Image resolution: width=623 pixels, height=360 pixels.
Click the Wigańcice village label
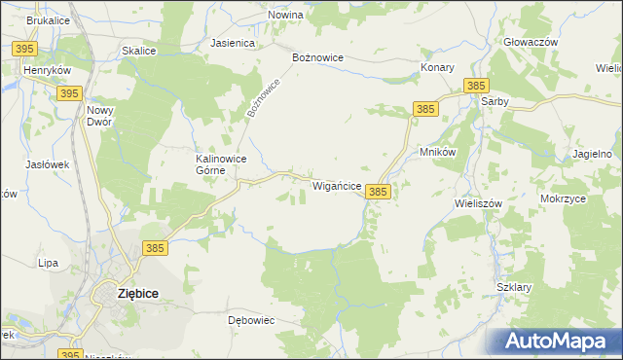[337, 185]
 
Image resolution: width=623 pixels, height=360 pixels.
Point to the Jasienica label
[233, 44]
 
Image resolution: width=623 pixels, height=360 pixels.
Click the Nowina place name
[285, 16]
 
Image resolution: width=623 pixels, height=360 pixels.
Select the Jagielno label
[593, 154]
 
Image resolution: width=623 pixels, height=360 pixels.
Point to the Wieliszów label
[477, 204]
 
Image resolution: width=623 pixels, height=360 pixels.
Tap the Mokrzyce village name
[563, 198]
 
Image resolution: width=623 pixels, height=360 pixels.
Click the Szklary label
[513, 288]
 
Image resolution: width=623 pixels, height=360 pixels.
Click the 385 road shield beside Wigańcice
[379, 193]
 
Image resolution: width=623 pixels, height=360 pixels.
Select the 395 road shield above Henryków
[26, 48]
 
